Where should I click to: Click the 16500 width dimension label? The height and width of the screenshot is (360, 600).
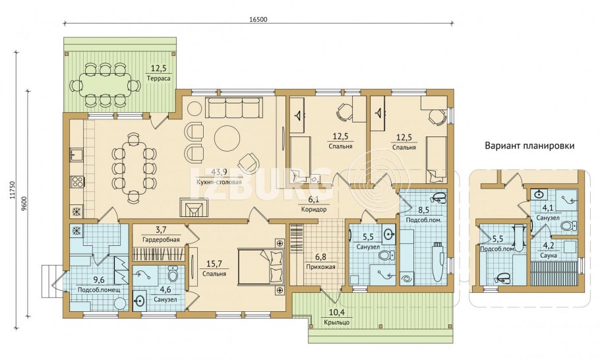pyautogui.click(x=259, y=20)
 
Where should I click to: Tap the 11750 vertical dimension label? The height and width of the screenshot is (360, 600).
pyautogui.click(x=13, y=190)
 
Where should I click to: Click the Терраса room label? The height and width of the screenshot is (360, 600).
pyautogui.click(x=158, y=78)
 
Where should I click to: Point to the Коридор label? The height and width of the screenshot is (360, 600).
pyautogui.click(x=313, y=210)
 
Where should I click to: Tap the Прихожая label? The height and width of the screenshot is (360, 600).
pyautogui.click(x=320, y=267)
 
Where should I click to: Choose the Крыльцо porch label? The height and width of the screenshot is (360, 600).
pyautogui.click(x=336, y=322)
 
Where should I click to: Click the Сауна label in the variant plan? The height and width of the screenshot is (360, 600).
pyautogui.click(x=548, y=255)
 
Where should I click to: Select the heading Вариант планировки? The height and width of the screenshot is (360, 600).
pyautogui.click(x=530, y=146)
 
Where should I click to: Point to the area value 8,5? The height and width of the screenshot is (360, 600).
pyautogui.click(x=423, y=211)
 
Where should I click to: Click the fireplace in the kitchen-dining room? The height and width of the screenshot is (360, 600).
pyautogui.click(x=195, y=208)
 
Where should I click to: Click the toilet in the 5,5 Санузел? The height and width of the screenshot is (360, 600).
pyautogui.click(x=384, y=255)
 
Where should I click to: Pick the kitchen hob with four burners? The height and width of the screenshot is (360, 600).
pyautogui.click(x=77, y=181)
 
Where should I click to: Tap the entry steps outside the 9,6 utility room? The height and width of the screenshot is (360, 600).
pyautogui.click(x=55, y=282)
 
